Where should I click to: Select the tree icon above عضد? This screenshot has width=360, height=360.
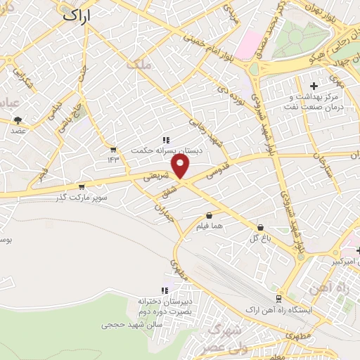coord(18,120)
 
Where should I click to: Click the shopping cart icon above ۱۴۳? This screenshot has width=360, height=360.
coord(113,149)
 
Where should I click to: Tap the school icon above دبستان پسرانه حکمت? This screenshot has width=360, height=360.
coord(167,140)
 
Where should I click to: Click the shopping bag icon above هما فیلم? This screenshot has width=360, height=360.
coord(209,216)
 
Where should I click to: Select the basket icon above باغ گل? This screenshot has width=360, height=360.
coord(261,228)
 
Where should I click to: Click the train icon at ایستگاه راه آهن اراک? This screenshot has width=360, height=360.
coord(280,299)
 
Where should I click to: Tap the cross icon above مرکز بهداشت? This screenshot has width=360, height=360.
coord(314,86)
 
